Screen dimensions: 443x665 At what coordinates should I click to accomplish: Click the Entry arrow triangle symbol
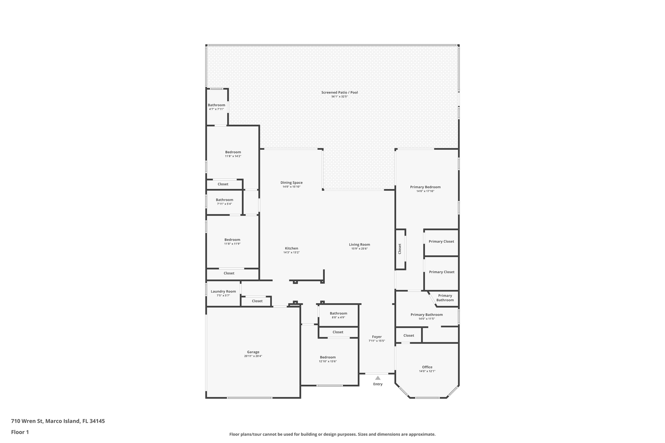pyautogui.click(x=378, y=378)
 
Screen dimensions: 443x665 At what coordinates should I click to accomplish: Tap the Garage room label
pyautogui.click(x=253, y=352)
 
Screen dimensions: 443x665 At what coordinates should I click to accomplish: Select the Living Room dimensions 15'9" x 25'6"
pyautogui.click(x=359, y=249)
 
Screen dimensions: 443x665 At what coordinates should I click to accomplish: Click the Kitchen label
pyautogui.click(x=291, y=248)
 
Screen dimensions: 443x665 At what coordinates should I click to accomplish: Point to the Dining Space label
pyautogui.click(x=291, y=183)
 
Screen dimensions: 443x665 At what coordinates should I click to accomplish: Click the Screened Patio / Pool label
pyautogui.click(x=339, y=92)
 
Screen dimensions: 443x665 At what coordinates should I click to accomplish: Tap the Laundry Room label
pyautogui.click(x=223, y=291)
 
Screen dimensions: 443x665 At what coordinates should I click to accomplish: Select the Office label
pyautogui.click(x=427, y=367)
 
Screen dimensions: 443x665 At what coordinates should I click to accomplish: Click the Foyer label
pyautogui.click(x=377, y=337)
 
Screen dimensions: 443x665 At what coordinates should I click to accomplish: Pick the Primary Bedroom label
pyautogui.click(x=425, y=187)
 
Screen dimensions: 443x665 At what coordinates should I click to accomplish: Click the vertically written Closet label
pyautogui.click(x=400, y=249)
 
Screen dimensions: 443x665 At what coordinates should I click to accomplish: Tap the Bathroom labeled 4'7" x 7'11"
pyautogui.click(x=216, y=105)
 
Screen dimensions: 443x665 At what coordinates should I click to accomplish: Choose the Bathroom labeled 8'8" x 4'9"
pyautogui.click(x=338, y=314)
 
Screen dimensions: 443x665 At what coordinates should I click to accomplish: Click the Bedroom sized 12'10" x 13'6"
pyautogui.click(x=328, y=357)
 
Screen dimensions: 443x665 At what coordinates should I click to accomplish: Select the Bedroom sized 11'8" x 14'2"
pyautogui.click(x=233, y=152)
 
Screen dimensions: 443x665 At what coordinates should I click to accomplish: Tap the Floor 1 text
pyautogui.click(x=20, y=432)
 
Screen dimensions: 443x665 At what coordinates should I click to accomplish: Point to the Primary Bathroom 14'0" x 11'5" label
pyautogui.click(x=426, y=315)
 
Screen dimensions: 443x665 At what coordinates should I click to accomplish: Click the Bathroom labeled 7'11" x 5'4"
pyautogui.click(x=224, y=200)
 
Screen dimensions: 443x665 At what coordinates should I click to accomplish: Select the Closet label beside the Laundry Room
pyautogui.click(x=257, y=301)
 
